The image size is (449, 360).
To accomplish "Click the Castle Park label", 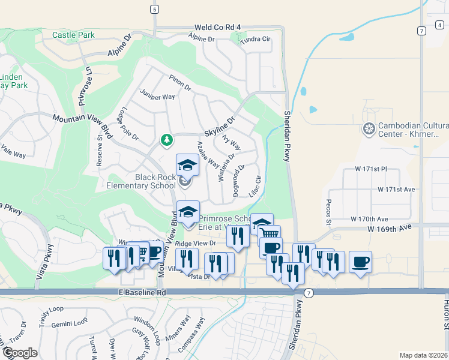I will coord(73,35).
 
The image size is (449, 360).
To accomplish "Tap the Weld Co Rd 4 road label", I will coord(217,28).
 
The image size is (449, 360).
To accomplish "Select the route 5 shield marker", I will coord(155,10).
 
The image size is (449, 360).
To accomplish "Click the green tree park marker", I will coord(167,140).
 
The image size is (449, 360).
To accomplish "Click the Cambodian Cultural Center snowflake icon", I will coord(369,128).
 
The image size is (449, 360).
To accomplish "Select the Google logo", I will coord(20,353).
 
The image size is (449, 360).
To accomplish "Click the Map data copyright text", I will coord(424,355).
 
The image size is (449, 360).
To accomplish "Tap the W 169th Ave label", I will coord(391,228).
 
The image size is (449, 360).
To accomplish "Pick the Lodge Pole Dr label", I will coord(128,124).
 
